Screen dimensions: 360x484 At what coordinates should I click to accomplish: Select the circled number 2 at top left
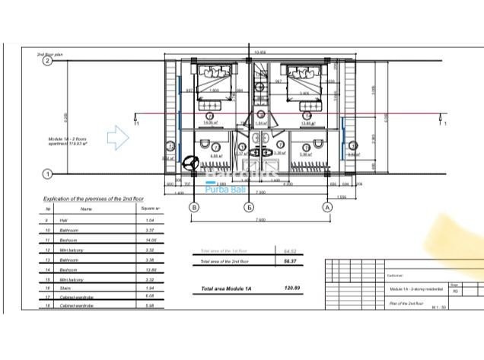point(47,62)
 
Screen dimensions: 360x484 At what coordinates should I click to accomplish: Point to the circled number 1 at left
point(47,174)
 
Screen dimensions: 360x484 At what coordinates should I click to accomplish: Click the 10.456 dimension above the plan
point(260,52)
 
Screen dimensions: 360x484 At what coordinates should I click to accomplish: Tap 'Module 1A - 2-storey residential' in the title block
point(418,290)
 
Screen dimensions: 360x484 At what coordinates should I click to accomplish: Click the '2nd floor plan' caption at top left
point(54,55)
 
